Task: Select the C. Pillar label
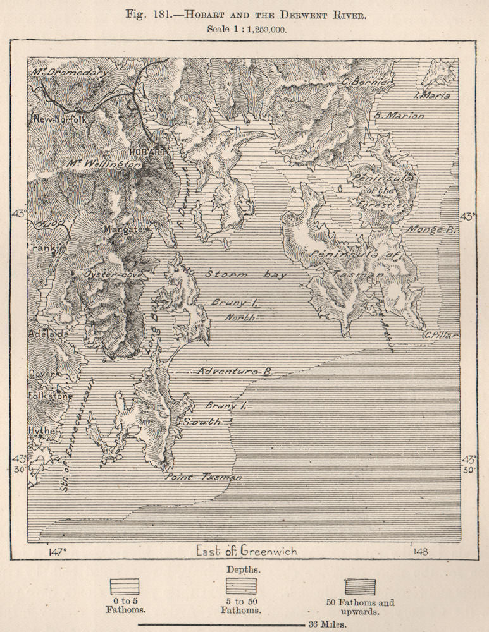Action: click(442, 334)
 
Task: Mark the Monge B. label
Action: click(432, 230)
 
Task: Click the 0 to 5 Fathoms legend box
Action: click(125, 587)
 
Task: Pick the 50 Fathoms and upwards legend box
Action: click(359, 587)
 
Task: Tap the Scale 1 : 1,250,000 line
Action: click(244, 29)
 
